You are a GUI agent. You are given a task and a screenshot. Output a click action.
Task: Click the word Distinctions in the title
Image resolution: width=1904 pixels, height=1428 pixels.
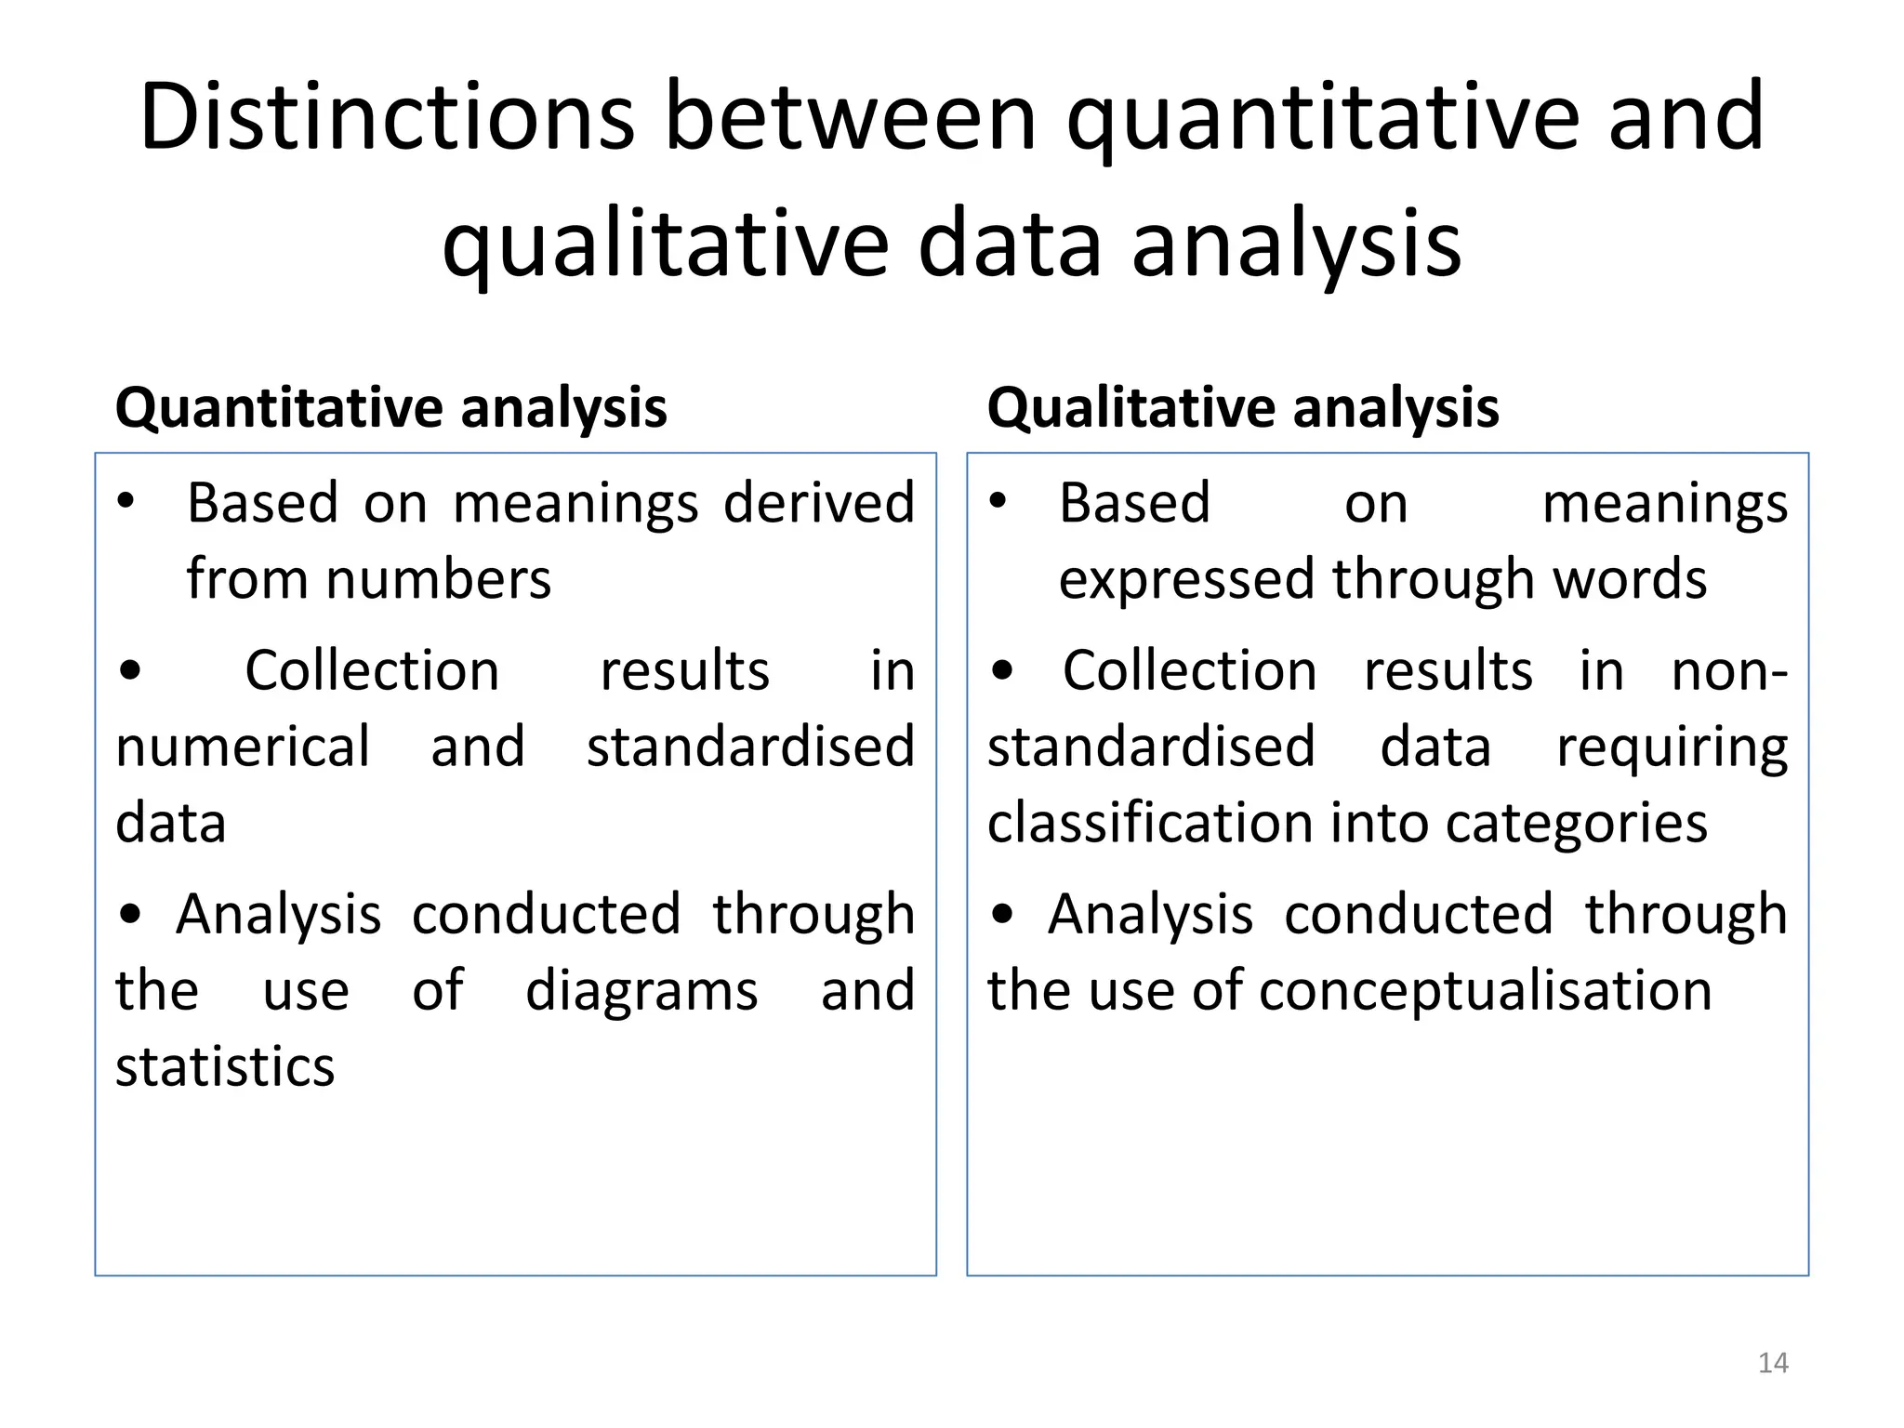coord(387,117)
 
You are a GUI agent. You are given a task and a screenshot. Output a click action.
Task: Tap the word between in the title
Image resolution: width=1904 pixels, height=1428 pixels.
coord(850,117)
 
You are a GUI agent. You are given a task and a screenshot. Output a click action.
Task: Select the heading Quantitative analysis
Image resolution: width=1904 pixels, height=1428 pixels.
coord(390,407)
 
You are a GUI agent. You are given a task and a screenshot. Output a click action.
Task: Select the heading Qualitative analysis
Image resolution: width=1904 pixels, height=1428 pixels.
coord(1243,407)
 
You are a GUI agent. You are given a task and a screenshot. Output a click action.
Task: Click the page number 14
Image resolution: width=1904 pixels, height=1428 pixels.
coord(1773,1363)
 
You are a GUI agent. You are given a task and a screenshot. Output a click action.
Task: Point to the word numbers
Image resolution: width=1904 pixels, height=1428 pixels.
coord(438,579)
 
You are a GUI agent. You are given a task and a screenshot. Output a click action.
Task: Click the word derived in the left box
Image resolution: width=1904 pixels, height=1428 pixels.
coord(819,503)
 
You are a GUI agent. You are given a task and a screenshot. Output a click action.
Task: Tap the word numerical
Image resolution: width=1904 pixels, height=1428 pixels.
coord(243,747)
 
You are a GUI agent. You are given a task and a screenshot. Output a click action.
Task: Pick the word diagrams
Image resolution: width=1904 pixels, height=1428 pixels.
coord(641,990)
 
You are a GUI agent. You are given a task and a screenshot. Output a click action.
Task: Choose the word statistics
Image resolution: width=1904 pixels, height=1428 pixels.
coord(225,1066)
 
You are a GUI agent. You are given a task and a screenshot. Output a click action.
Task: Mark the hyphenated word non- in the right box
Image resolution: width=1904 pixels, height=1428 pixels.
coord(1729,670)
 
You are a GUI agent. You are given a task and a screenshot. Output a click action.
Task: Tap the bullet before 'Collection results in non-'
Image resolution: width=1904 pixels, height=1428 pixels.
coord(1001,670)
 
